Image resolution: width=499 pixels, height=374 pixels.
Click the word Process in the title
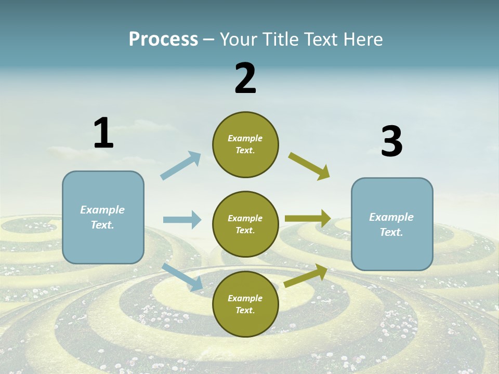(163, 39)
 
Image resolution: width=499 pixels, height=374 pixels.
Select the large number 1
(103, 133)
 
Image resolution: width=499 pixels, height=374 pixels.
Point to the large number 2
(245, 78)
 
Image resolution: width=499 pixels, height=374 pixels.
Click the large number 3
(391, 142)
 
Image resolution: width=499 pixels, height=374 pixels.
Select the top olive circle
(245, 144)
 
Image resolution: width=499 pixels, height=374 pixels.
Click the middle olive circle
(245, 224)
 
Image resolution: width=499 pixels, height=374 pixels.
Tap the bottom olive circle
(245, 304)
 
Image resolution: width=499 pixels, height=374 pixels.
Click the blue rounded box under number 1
(103, 217)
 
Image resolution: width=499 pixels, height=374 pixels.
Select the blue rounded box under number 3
(391, 224)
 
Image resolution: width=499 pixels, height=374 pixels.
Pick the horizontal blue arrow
(182, 220)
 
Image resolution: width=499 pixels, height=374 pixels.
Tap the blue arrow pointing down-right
(182, 277)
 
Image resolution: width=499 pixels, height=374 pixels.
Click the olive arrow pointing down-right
(309, 166)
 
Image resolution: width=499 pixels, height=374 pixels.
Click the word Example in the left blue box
(102, 210)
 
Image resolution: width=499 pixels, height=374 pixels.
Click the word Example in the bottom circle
(245, 298)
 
